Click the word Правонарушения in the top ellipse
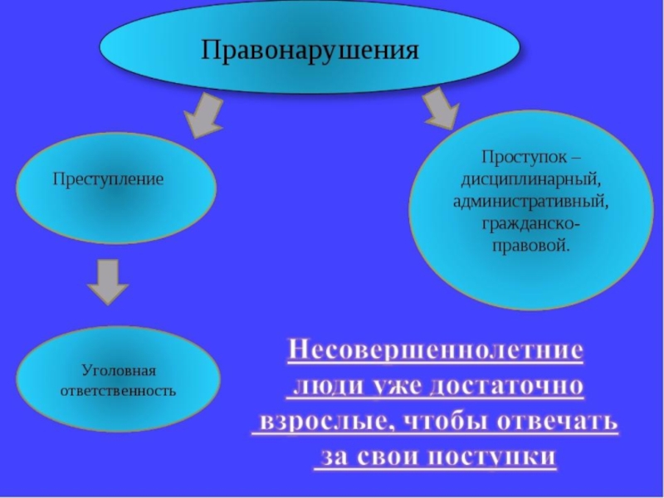(x=310, y=51)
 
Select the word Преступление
(x=108, y=179)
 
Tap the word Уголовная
(x=119, y=371)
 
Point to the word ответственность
(x=118, y=391)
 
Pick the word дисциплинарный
(x=531, y=180)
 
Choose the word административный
(x=531, y=201)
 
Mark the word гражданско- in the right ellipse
(x=530, y=223)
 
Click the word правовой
(x=530, y=246)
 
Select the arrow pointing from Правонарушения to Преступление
(x=203, y=115)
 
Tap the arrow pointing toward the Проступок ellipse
(x=441, y=109)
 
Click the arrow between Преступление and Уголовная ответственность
(x=108, y=281)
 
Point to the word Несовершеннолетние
(x=436, y=350)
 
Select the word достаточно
(x=506, y=386)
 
